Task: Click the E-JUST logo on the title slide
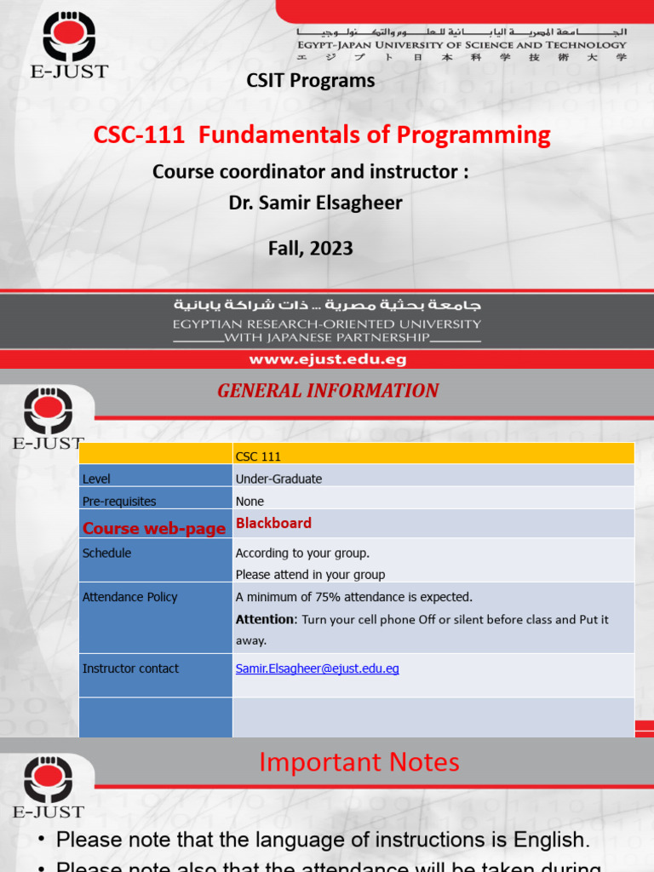pos(69,43)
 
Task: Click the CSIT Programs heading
pos(310,80)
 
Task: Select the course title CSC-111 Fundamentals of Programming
pos(322,135)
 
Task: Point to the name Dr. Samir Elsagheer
pos(315,203)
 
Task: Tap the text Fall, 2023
pos(310,248)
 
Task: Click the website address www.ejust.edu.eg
pos(327,359)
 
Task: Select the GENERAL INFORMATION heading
pos(328,391)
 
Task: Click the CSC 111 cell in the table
pos(258,456)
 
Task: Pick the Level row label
pos(96,479)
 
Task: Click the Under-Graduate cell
pos(278,479)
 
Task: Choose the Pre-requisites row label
pos(119,502)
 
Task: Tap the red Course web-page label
pos(154,528)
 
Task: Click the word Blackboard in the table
pos(273,523)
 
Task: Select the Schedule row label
pos(106,553)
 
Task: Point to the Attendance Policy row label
pos(129,597)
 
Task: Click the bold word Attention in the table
pos(265,619)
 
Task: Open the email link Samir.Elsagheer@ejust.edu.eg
pos(317,668)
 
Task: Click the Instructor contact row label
pos(130,668)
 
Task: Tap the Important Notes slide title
pos(359,762)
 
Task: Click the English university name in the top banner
pos(461,44)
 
